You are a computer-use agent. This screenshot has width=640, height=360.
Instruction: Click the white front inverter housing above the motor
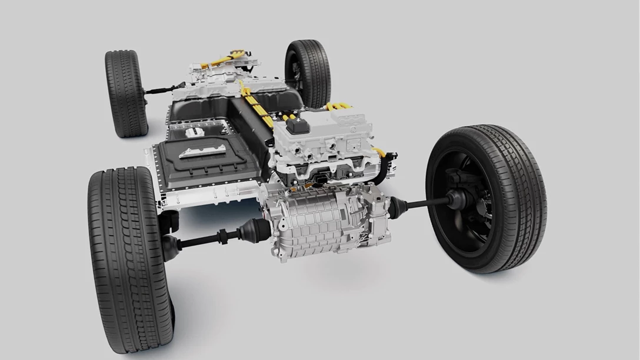[x=329, y=141]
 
